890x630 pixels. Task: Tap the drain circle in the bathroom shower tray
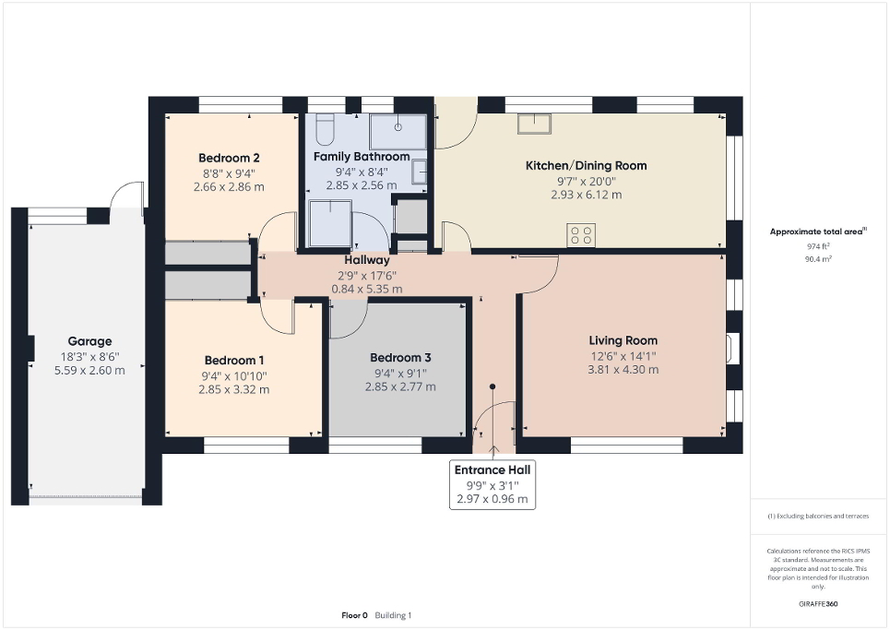(398, 128)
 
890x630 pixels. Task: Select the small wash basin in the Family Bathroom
(419, 171)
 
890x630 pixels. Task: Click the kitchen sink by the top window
(533, 124)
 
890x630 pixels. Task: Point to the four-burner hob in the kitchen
(581, 235)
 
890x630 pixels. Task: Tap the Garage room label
(89, 341)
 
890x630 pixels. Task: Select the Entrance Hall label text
(492, 470)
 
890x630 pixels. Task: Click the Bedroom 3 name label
(400, 358)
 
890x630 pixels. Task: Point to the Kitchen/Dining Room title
(586, 166)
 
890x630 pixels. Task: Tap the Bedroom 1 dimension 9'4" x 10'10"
(233, 374)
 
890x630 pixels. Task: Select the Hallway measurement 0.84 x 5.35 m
(367, 289)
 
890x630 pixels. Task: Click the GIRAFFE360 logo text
(819, 604)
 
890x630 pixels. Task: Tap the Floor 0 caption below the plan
(354, 614)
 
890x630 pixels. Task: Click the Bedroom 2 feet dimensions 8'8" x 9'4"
(229, 172)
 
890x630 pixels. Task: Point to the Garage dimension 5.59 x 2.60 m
(89, 370)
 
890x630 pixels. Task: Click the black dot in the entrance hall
(492, 387)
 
